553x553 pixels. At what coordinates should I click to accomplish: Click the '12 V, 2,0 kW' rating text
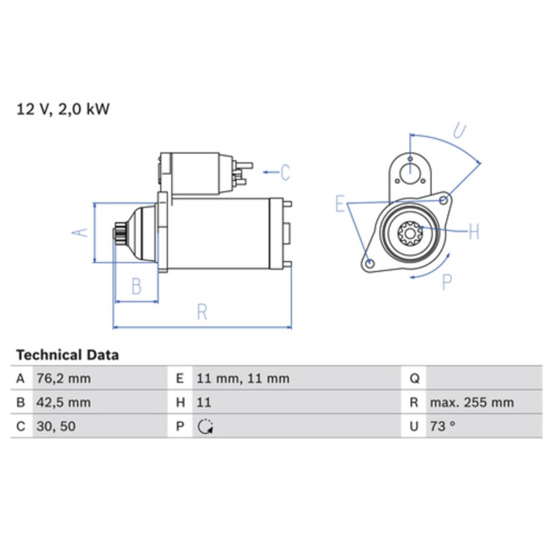click(x=63, y=109)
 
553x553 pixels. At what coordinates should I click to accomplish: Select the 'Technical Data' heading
click(x=67, y=354)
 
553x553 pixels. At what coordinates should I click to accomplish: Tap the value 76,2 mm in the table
click(x=63, y=379)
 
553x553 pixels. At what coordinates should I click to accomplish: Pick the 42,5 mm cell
click(x=63, y=403)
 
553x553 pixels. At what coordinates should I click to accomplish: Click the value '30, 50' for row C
click(x=55, y=426)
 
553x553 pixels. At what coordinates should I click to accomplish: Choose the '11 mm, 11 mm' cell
click(x=243, y=379)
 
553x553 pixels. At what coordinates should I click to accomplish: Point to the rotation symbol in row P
click(x=205, y=427)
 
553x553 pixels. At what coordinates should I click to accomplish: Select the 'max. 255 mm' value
click(x=472, y=403)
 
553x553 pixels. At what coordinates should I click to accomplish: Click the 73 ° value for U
click(x=442, y=426)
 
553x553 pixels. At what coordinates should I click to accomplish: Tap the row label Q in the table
click(x=414, y=379)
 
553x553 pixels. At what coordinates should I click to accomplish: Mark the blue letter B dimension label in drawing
click(x=136, y=287)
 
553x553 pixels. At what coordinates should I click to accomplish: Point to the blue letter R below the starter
click(x=202, y=312)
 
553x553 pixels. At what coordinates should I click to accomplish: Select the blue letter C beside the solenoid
click(x=285, y=173)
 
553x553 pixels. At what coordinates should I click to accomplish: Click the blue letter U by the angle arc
click(x=459, y=131)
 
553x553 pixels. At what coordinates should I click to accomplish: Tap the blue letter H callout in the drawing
click(x=473, y=232)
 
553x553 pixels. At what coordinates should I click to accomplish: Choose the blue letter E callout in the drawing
click(x=340, y=204)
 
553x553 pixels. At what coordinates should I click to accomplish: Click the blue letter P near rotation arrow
click(x=447, y=283)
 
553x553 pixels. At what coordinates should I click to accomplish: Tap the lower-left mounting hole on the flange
click(x=371, y=263)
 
